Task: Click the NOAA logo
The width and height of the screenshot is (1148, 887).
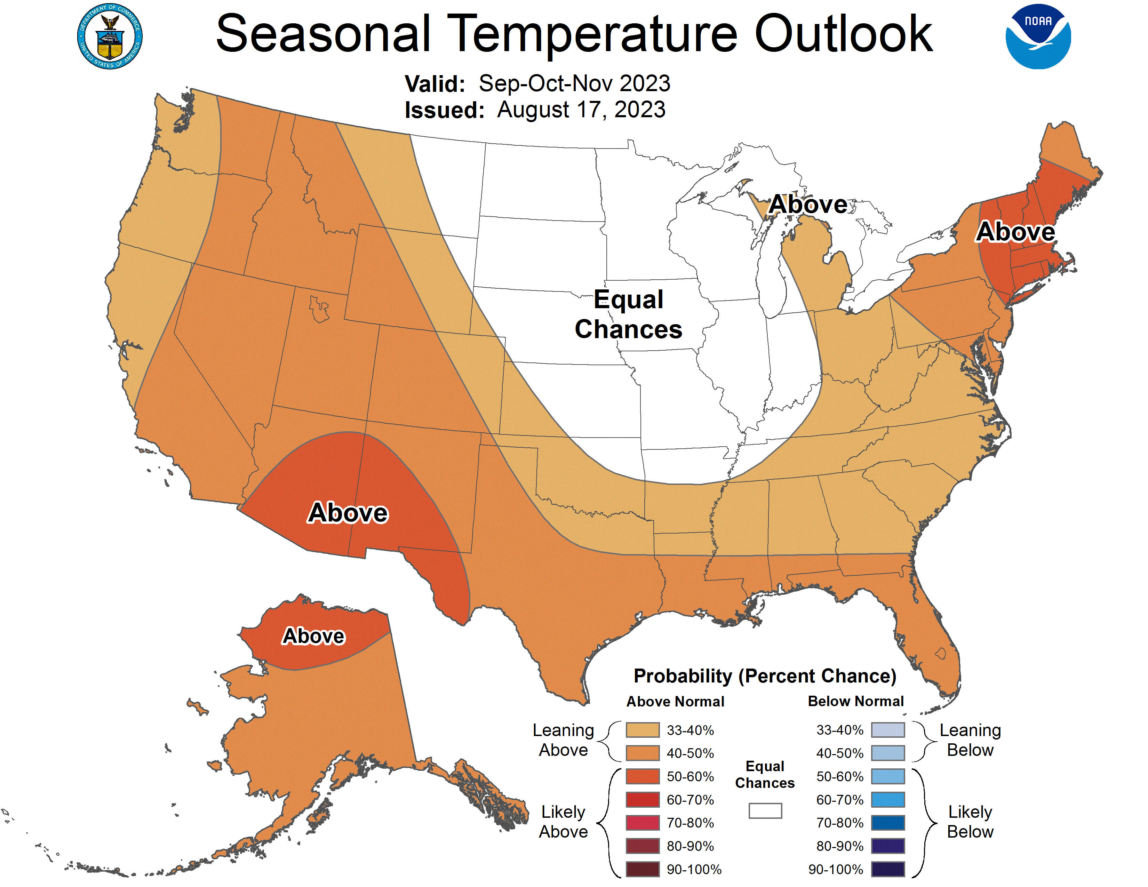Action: tap(1038, 37)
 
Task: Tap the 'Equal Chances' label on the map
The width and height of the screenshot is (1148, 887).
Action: tap(628, 314)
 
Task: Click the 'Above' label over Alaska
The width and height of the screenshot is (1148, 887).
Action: tap(313, 636)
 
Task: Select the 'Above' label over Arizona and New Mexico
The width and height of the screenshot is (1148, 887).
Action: tap(348, 512)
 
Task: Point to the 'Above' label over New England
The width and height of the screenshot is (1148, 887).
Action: tap(1015, 232)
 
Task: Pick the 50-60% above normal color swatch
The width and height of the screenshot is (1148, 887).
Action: tap(642, 776)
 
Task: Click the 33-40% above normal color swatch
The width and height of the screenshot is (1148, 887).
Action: tap(642, 730)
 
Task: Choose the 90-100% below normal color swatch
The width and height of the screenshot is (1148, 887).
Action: tap(888, 869)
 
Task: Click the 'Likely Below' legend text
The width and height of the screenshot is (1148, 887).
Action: tap(970, 822)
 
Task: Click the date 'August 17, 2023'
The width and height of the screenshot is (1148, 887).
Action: tap(581, 110)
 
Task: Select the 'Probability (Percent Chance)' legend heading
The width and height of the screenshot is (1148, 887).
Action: tap(765, 676)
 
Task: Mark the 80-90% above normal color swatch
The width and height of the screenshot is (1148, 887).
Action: tap(642, 846)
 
